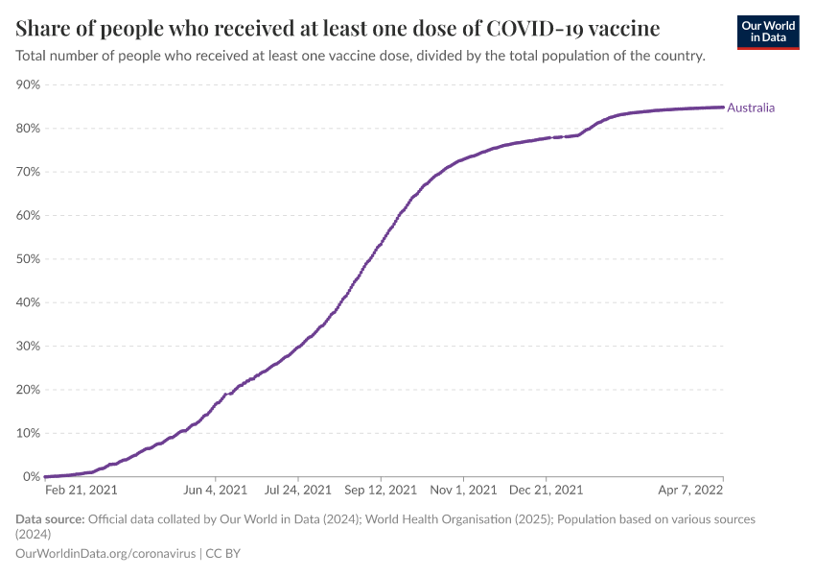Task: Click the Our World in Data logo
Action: tap(767, 31)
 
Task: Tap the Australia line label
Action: tap(751, 108)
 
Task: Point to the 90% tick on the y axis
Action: tap(28, 85)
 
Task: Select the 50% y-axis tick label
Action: tap(28, 259)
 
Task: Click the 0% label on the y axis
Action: tap(32, 477)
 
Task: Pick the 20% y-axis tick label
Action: tap(28, 390)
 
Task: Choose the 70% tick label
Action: tap(28, 172)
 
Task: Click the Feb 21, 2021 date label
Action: tap(81, 490)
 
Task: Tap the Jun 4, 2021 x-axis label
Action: tap(216, 490)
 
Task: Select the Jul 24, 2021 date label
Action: tap(298, 490)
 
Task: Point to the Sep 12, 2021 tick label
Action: tap(381, 490)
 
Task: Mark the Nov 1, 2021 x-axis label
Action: tap(463, 490)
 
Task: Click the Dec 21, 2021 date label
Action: tap(546, 490)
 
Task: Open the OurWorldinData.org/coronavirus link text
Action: tap(105, 554)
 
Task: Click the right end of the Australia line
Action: tap(722, 108)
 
